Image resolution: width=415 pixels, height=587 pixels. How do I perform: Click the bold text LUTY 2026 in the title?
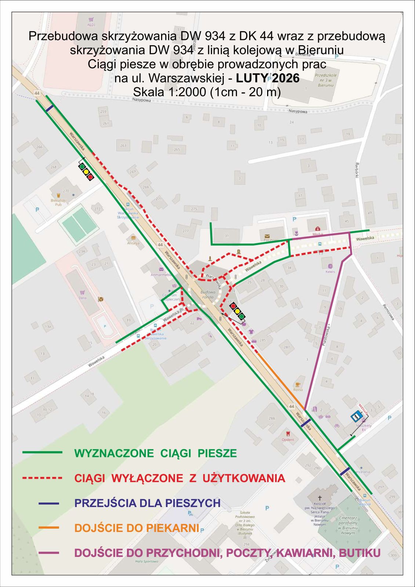[x=267, y=78]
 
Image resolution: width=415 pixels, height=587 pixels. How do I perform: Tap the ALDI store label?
[x=91, y=25]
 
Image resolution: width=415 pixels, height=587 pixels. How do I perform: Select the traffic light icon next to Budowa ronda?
[x=237, y=311]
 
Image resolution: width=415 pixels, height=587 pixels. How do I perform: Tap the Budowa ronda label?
[x=208, y=295]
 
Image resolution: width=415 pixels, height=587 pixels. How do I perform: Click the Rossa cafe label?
[x=298, y=390]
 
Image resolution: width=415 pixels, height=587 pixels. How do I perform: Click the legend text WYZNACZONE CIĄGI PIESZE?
[x=156, y=453]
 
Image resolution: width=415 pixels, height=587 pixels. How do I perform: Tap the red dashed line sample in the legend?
[x=42, y=478]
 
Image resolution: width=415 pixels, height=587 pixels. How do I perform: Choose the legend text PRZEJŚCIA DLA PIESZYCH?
[x=148, y=503]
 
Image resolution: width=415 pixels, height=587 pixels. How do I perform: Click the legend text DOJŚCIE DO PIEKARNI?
[x=136, y=528]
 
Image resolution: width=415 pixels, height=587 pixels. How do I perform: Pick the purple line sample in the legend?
[x=48, y=553]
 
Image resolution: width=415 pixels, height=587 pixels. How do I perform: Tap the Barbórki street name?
[x=356, y=170]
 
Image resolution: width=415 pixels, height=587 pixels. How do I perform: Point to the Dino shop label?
[x=83, y=298]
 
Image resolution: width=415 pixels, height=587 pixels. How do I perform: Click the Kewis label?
[x=330, y=272]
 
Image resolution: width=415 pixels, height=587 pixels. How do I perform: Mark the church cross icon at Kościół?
[x=320, y=498]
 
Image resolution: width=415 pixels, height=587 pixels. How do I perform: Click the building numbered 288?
[x=272, y=418]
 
